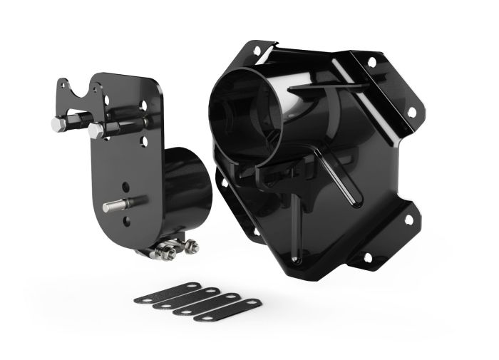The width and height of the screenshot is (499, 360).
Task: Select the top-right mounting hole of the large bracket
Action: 371,62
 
